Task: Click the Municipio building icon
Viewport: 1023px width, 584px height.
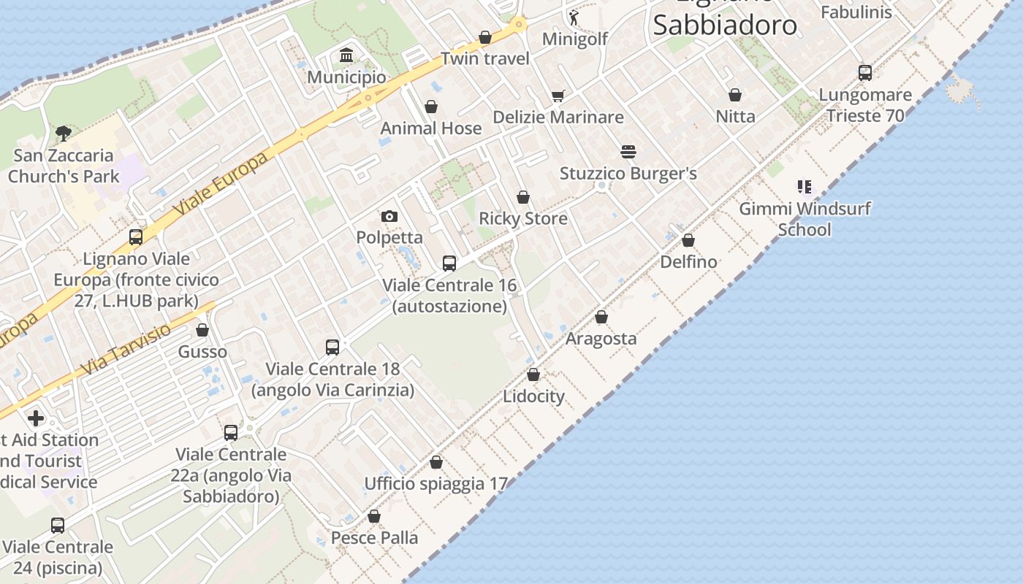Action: pyautogui.click(x=346, y=55)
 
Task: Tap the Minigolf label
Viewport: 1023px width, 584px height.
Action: pyautogui.click(x=574, y=39)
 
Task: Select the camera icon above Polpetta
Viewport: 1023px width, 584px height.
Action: pyautogui.click(x=389, y=216)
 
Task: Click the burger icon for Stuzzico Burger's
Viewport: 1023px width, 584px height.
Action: pyautogui.click(x=628, y=152)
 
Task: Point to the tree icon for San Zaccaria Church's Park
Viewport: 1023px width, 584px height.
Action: pyautogui.click(x=64, y=133)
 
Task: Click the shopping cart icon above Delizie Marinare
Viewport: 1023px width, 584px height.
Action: pyautogui.click(x=558, y=96)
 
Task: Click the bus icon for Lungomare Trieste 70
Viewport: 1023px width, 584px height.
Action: pyautogui.click(x=865, y=73)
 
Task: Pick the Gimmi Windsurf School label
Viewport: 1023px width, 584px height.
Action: pyautogui.click(x=805, y=219)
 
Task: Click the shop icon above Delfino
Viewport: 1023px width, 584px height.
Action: pyautogui.click(x=688, y=240)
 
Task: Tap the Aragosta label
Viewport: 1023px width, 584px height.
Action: pyautogui.click(x=601, y=339)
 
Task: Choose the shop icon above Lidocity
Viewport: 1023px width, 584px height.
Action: pyautogui.click(x=533, y=374)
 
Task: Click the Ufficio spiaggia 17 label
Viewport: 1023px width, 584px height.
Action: pyautogui.click(x=436, y=483)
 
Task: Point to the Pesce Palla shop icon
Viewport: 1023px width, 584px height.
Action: pyautogui.click(x=374, y=517)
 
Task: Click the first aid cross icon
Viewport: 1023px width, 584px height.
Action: pyautogui.click(x=36, y=418)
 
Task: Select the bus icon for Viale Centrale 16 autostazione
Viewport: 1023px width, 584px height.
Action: pyautogui.click(x=449, y=264)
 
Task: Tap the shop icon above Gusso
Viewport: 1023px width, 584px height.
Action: pyautogui.click(x=202, y=330)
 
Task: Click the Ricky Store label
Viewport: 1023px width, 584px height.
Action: pyautogui.click(x=522, y=218)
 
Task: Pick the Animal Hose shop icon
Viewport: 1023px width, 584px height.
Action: pyautogui.click(x=431, y=107)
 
